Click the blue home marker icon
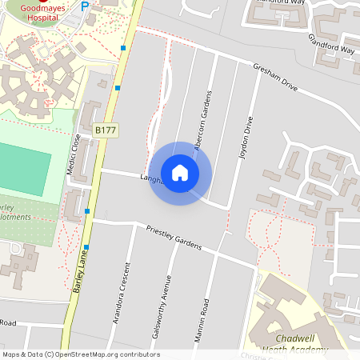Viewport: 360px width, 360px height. click(x=180, y=173)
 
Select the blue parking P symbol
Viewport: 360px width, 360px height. click(x=86, y=6)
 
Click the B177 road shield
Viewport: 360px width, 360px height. click(x=104, y=130)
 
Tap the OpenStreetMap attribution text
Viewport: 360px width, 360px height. click(x=81, y=354)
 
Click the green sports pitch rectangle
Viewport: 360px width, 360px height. click(x=24, y=165)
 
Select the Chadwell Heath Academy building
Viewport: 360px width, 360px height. click(x=288, y=308)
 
